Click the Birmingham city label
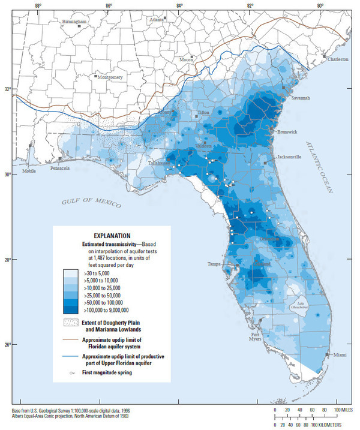74,22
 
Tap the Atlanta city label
157,20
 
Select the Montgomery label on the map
111,77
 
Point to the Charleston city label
338,60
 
